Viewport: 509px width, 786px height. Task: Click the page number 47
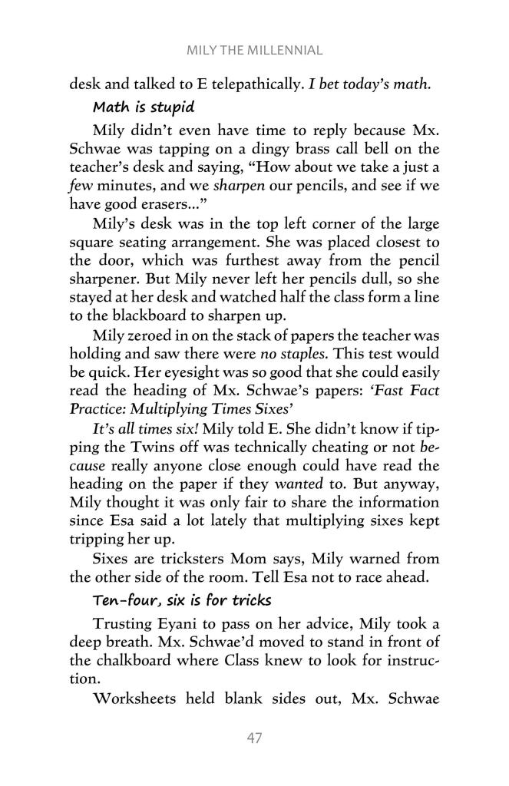(x=254, y=738)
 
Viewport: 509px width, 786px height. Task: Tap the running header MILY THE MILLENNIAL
(x=254, y=51)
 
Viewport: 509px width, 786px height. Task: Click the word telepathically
(x=248, y=83)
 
